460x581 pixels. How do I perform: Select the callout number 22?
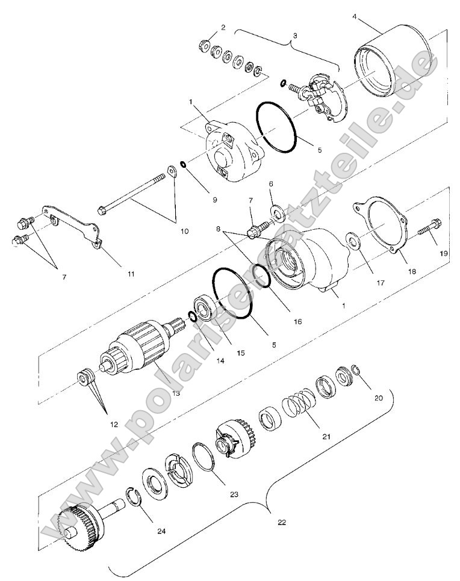[x=281, y=522]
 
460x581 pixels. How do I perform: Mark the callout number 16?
[x=297, y=322]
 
